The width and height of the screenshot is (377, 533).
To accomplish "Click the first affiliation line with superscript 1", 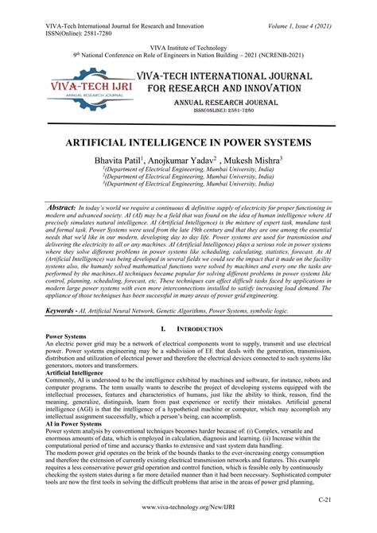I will point(188,171).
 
